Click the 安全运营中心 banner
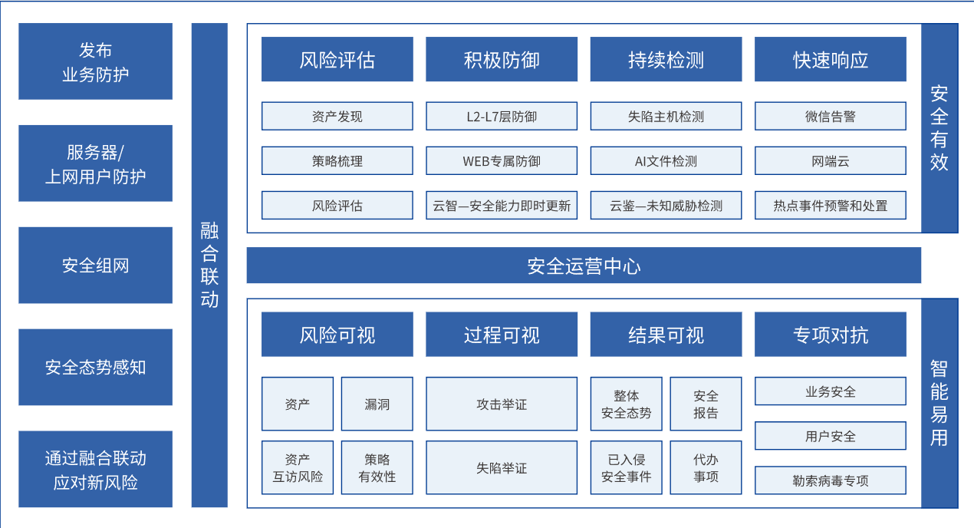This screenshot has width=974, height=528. point(584,266)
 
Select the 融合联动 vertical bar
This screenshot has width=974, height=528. point(209,265)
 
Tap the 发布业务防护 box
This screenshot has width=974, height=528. point(95,61)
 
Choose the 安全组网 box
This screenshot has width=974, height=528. point(95,266)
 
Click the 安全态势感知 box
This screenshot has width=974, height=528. point(95,367)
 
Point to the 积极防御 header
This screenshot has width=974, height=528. point(502,60)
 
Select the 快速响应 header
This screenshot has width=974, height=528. point(830,60)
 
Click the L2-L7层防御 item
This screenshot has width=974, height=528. point(502,117)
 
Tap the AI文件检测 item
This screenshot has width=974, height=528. point(666,161)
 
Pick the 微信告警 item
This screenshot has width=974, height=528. point(830,117)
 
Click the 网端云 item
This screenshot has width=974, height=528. point(830,161)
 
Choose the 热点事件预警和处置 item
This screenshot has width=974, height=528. point(830,206)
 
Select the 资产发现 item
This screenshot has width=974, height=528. point(337,117)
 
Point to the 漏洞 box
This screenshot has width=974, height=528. point(377,404)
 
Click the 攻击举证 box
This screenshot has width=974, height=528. point(502,404)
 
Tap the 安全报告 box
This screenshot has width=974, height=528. point(706,404)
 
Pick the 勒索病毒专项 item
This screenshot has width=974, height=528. point(830,480)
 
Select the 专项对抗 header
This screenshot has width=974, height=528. point(830,335)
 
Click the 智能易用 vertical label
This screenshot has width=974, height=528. point(939,403)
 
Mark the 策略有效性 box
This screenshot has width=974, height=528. point(377,467)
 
